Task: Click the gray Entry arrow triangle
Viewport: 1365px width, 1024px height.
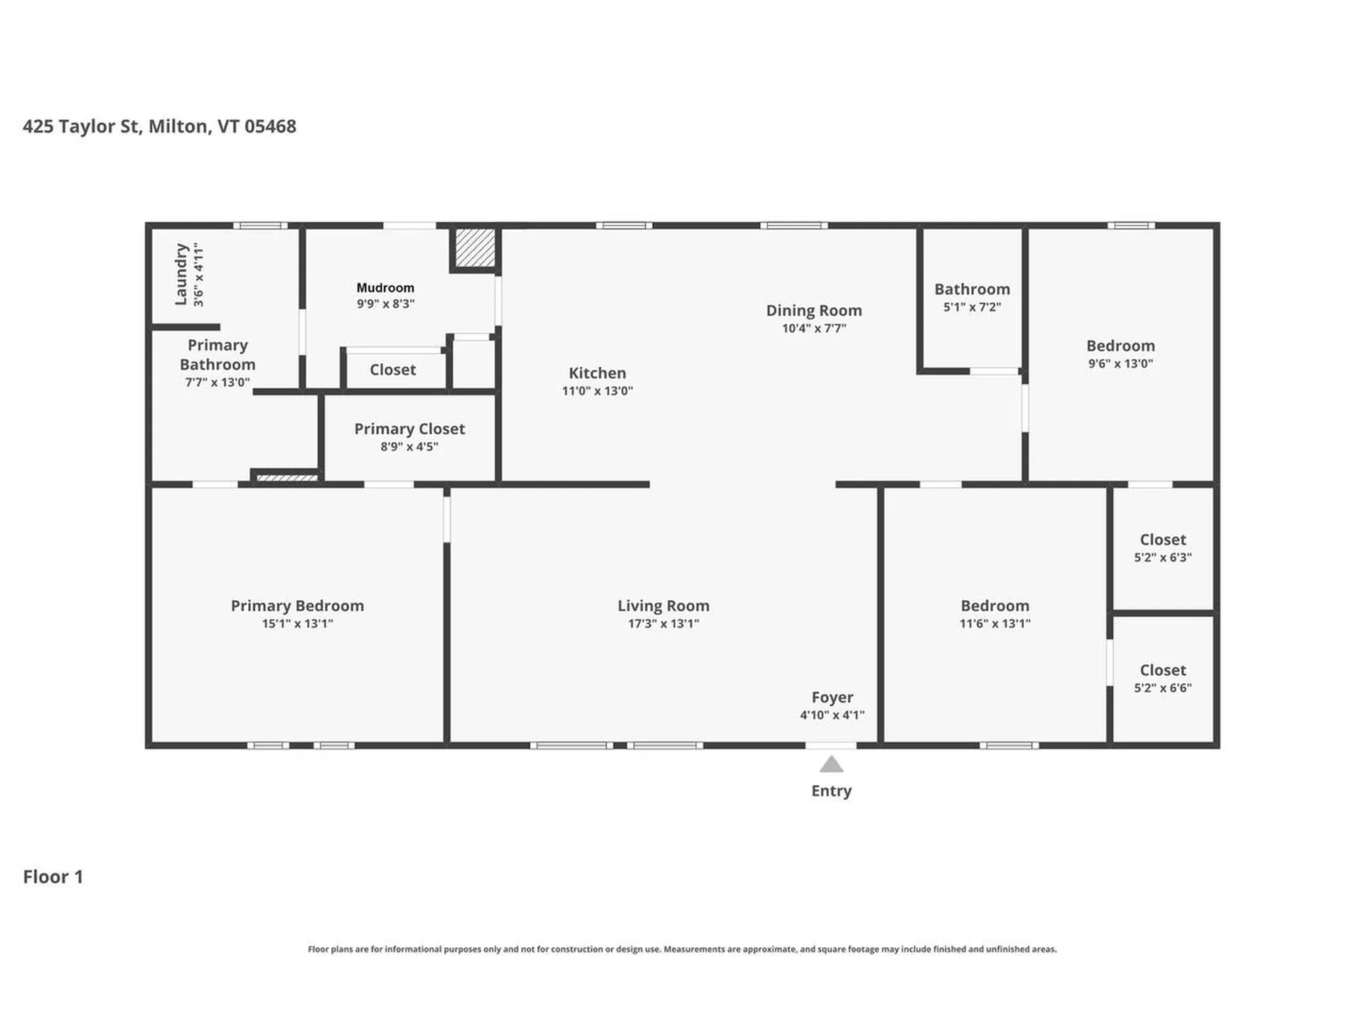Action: (x=831, y=765)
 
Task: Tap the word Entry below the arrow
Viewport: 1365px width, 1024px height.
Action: (x=831, y=791)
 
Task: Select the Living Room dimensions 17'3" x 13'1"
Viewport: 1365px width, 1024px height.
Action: (x=663, y=624)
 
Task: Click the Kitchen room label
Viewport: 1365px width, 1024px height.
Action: (x=597, y=373)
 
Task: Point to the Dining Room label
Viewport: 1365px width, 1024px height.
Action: (x=813, y=310)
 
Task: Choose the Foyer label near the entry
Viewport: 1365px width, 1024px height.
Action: (x=832, y=697)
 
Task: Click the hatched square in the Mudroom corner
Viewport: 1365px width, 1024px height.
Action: (x=475, y=247)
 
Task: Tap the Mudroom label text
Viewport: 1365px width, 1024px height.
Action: (x=385, y=287)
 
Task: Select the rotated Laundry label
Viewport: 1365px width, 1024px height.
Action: (x=181, y=274)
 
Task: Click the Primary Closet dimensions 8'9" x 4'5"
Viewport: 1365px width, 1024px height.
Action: (x=409, y=447)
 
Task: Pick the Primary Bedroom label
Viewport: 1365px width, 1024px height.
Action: (x=297, y=605)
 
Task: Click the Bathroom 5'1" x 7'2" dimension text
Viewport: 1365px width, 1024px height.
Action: (x=972, y=307)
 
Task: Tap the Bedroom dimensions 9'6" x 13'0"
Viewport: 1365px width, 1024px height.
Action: (x=1120, y=363)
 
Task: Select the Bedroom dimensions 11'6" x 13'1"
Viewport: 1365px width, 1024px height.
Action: (x=995, y=624)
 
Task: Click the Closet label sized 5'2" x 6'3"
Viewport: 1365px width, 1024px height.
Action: (x=1162, y=540)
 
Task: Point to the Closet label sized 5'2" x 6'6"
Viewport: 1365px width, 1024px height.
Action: (x=1162, y=670)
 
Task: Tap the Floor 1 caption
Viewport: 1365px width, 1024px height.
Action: (x=53, y=876)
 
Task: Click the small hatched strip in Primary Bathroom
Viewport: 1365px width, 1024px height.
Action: (x=287, y=478)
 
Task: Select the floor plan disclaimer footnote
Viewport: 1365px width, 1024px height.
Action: (x=682, y=949)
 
